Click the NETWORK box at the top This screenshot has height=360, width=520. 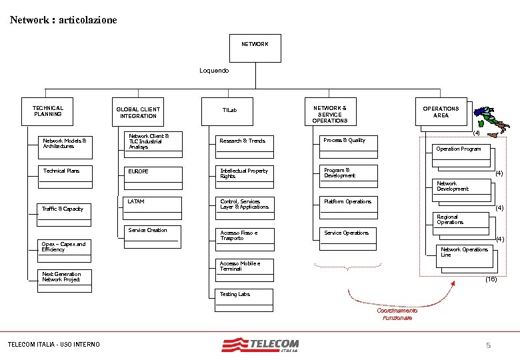click(254, 45)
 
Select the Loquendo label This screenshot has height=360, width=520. click(214, 70)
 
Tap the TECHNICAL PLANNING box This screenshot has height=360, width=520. click(48, 111)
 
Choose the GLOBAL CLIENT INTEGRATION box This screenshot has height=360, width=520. click(138, 113)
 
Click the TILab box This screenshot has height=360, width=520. click(229, 110)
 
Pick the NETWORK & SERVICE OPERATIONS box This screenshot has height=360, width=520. click(330, 113)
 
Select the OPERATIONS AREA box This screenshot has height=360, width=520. click(441, 112)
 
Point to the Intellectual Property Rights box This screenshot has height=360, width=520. click(245, 174)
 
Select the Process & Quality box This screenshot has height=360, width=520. click(347, 142)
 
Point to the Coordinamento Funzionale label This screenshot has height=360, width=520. click(397, 314)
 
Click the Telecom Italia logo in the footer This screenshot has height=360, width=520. click(261, 345)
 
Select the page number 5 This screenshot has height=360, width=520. click(488, 345)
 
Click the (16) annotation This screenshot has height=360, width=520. click(491, 279)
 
